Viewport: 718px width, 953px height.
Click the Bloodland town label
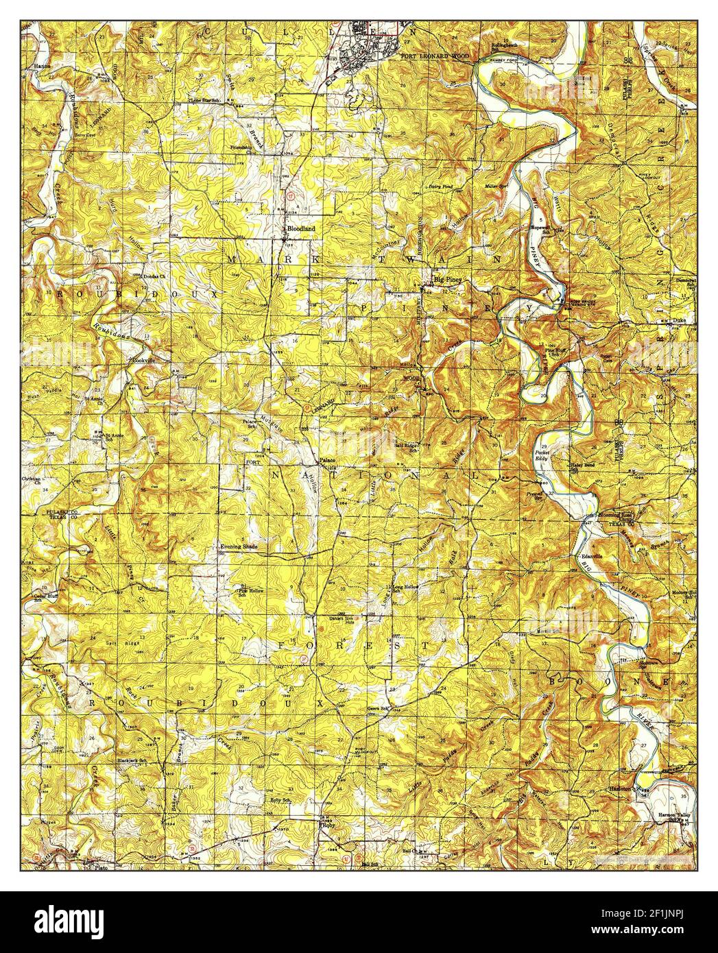click(301, 228)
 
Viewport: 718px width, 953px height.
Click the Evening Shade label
click(239, 546)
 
